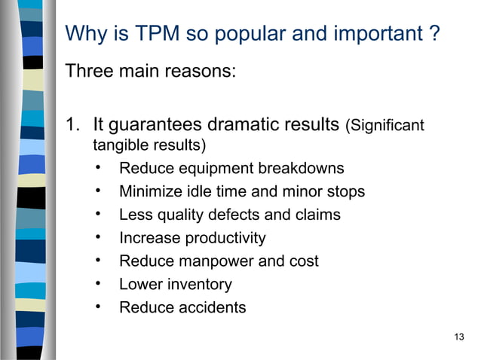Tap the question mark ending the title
[435, 35]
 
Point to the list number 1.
[73, 124]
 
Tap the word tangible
[118, 144]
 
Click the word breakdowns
[301, 168]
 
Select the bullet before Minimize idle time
[99, 191]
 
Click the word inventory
[200, 285]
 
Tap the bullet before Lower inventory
[99, 285]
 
